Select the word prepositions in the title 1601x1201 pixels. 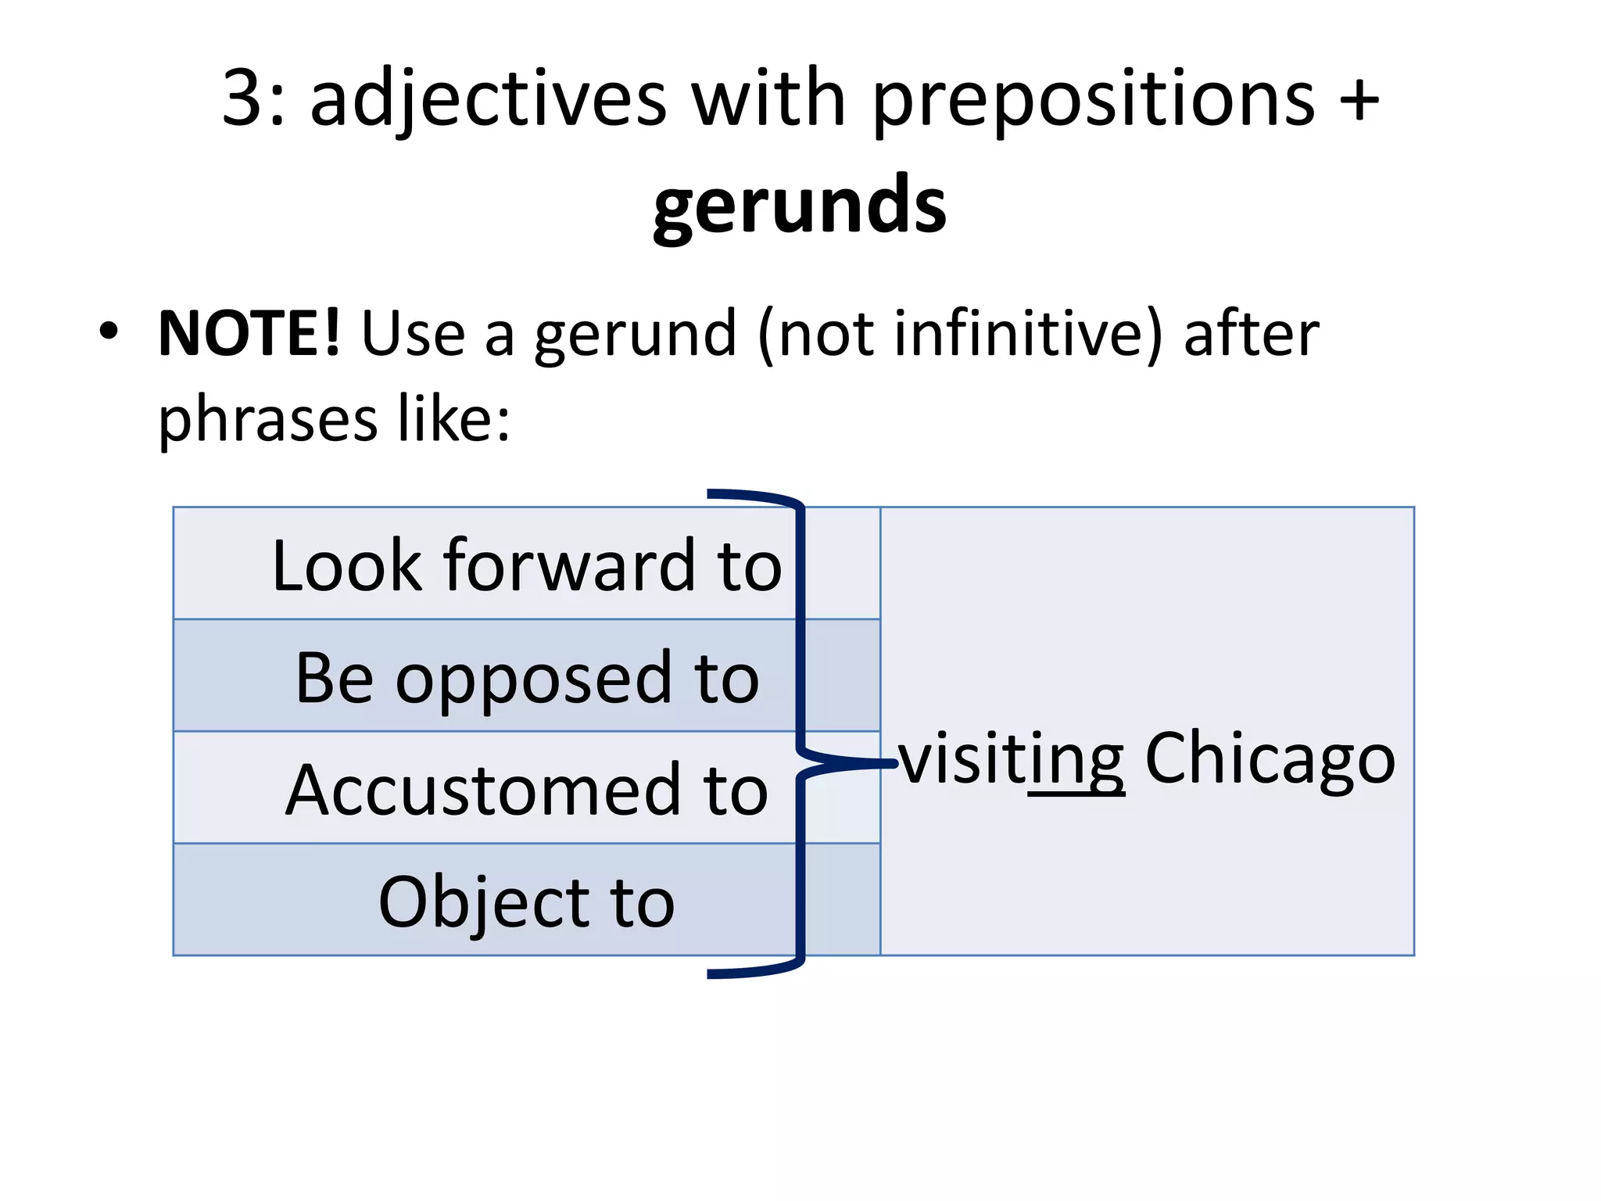[1094, 102]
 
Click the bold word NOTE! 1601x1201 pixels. [249, 334]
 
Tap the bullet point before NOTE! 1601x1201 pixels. [109, 332]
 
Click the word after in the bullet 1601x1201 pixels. [1252, 335]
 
